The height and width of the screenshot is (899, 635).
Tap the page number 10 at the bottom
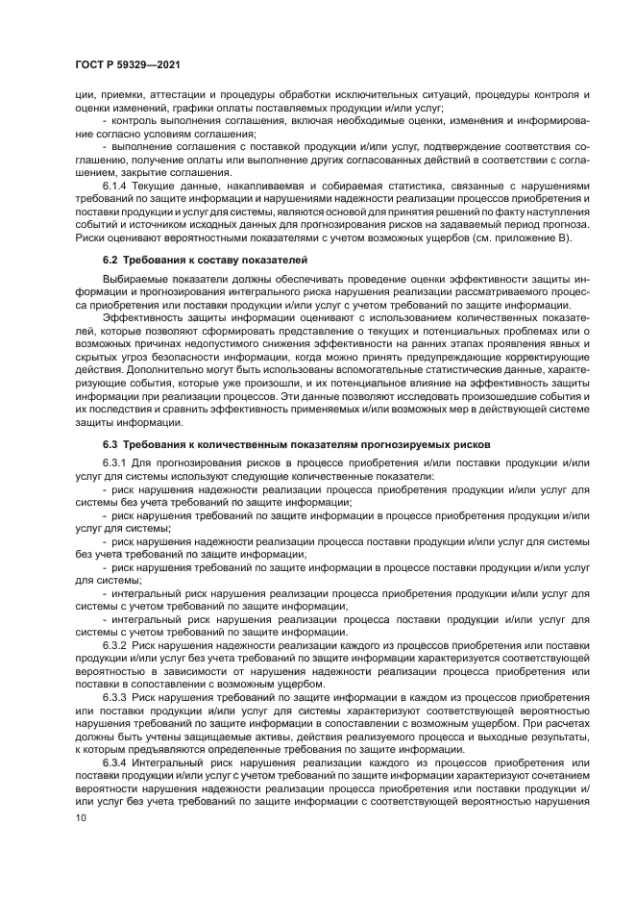tap(80, 817)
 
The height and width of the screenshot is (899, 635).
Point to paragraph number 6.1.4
tap(117, 184)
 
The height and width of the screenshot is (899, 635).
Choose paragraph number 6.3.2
tap(117, 645)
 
